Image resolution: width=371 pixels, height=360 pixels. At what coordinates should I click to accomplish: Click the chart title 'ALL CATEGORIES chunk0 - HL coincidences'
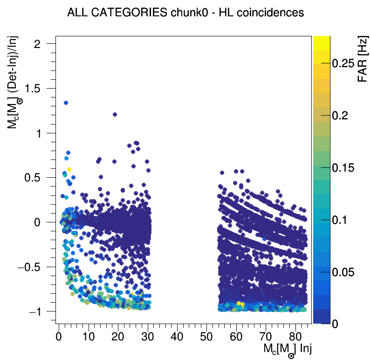[185, 13]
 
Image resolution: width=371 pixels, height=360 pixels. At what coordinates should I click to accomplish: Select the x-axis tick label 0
[59, 336]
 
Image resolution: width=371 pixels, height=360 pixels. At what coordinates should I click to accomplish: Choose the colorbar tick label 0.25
[346, 64]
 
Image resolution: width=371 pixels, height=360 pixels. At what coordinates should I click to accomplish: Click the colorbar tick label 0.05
[346, 272]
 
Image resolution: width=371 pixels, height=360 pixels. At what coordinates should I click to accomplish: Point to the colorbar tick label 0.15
[346, 168]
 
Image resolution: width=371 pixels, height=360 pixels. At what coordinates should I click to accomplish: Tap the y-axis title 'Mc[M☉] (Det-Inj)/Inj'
[16, 84]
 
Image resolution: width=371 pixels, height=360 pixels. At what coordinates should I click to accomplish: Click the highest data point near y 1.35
[66, 103]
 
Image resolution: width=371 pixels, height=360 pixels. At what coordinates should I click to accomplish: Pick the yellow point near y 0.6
[69, 169]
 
